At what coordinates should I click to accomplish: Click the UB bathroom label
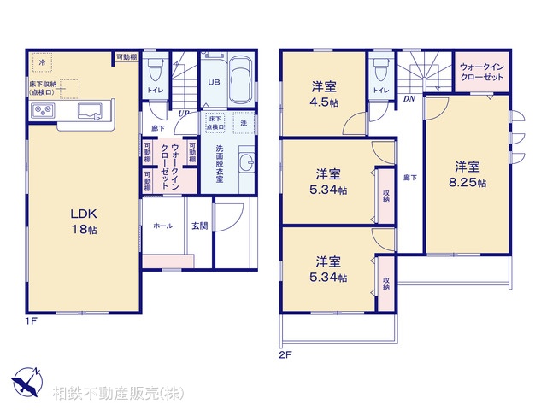pos(213,84)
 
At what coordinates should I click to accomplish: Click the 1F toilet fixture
pos(156,69)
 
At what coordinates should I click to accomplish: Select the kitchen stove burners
pos(43,111)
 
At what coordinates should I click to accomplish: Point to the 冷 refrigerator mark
pos(39,61)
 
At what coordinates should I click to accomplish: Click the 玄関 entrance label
pos(198,225)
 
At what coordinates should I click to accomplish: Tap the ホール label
pos(162,225)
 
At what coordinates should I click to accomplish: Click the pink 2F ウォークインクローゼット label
pos(480,71)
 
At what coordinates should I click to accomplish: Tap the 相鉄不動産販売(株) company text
pos(118,395)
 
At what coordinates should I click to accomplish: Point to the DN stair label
pos(409,97)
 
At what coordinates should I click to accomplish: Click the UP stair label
pos(184,111)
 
